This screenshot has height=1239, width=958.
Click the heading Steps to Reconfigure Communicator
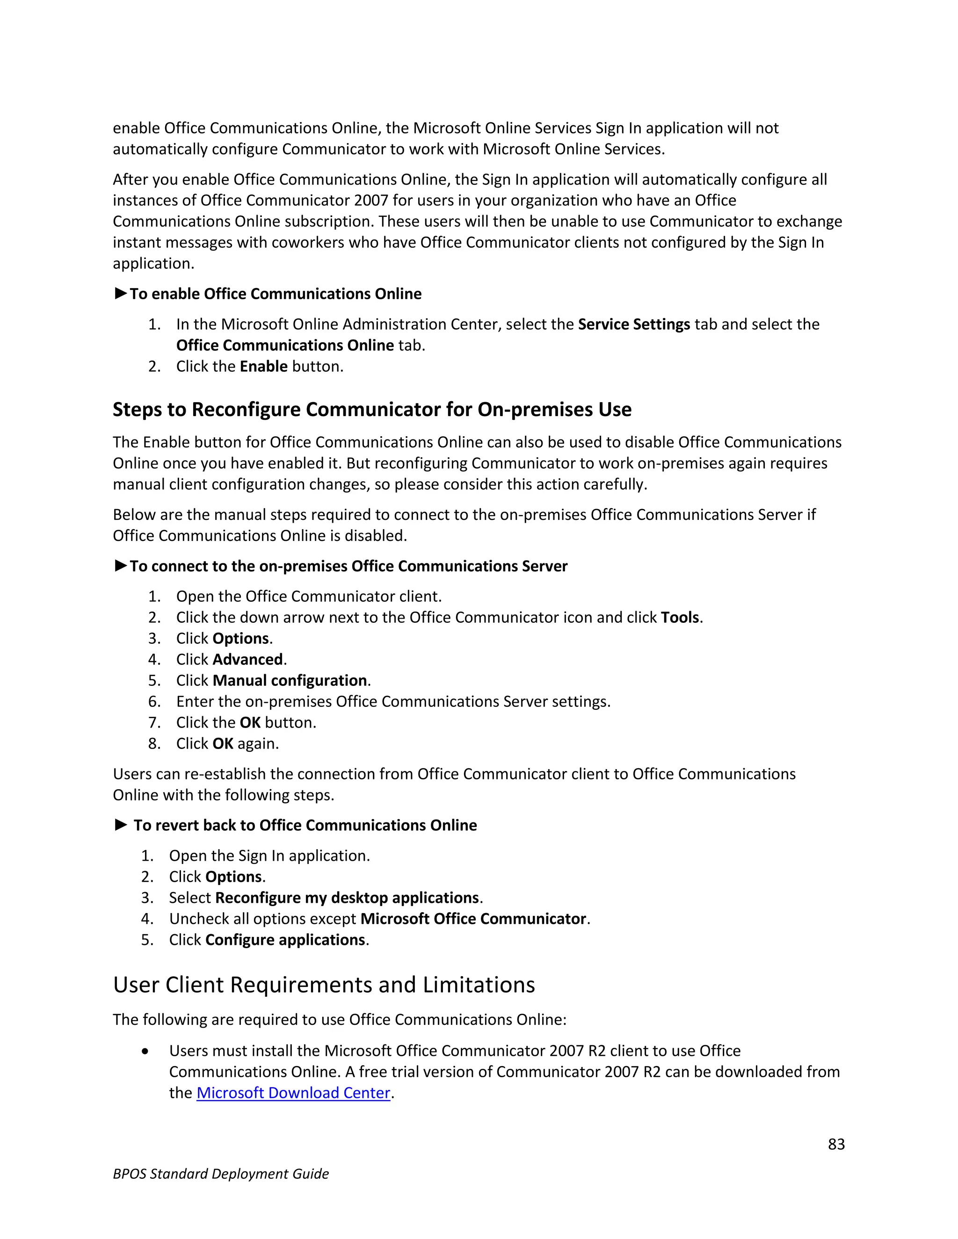pyautogui.click(x=372, y=410)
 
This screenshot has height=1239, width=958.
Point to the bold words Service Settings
pyautogui.click(x=633, y=324)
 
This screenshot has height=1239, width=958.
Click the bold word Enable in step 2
pyautogui.click(x=263, y=367)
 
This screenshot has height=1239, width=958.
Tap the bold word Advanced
pyautogui.click(x=247, y=659)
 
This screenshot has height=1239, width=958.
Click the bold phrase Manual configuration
pyautogui.click(x=290, y=680)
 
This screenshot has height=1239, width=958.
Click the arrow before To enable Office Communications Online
pyautogui.click(x=120, y=293)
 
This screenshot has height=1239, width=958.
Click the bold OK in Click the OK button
pyautogui.click(x=250, y=723)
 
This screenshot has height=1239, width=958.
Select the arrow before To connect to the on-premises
pyautogui.click(x=120, y=566)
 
